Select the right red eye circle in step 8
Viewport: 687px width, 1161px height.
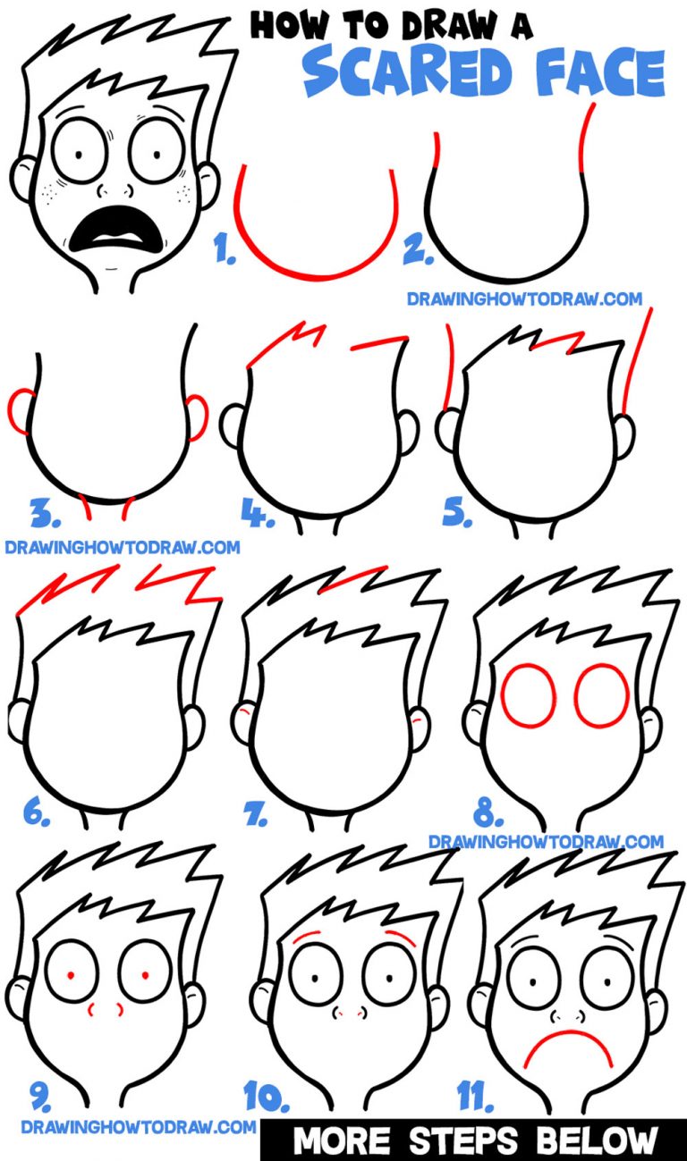(x=602, y=694)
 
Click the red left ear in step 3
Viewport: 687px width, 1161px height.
(x=19, y=410)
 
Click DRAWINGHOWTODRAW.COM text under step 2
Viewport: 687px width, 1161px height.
(x=524, y=299)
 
